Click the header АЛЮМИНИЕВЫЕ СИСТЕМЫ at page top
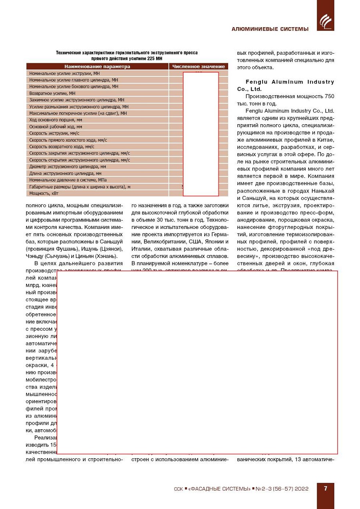(x=270, y=29)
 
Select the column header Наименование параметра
(x=97, y=67)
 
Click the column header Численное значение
(x=198, y=67)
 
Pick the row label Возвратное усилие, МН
(x=52, y=93)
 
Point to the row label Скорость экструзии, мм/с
(x=54, y=133)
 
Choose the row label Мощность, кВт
(x=44, y=193)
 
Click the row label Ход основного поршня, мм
(x=55, y=120)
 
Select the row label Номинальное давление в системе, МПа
(x=68, y=180)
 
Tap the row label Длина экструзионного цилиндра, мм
(x=65, y=173)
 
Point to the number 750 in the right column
(x=329, y=96)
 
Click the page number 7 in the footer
(x=325, y=488)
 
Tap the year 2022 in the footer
(x=301, y=489)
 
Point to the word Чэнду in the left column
(x=34, y=256)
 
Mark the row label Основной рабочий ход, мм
(x=55, y=126)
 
